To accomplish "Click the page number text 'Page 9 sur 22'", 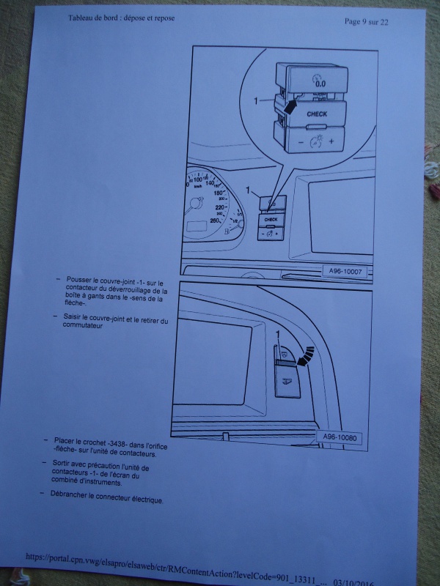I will pos(366,22).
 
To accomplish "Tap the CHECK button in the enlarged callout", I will pos(317,115).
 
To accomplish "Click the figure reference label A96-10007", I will pos(345,272).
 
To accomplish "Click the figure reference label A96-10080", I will pos(342,438).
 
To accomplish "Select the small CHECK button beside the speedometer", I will pos(271,219).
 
